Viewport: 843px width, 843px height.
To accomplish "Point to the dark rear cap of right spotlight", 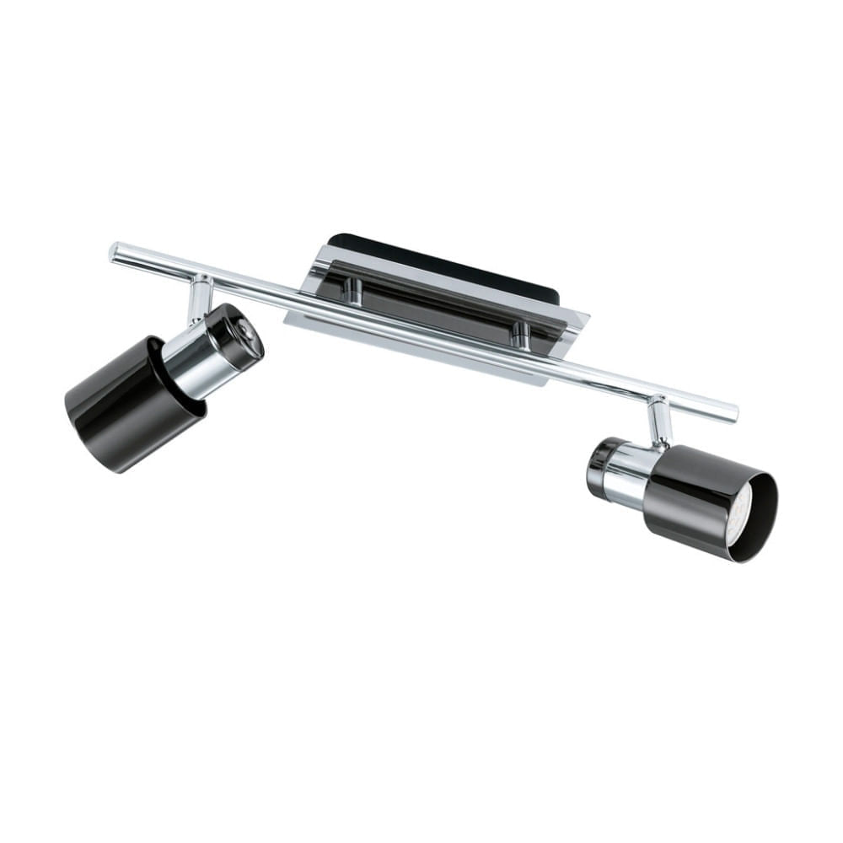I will (598, 467).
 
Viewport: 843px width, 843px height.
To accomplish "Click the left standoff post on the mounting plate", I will (355, 291).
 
